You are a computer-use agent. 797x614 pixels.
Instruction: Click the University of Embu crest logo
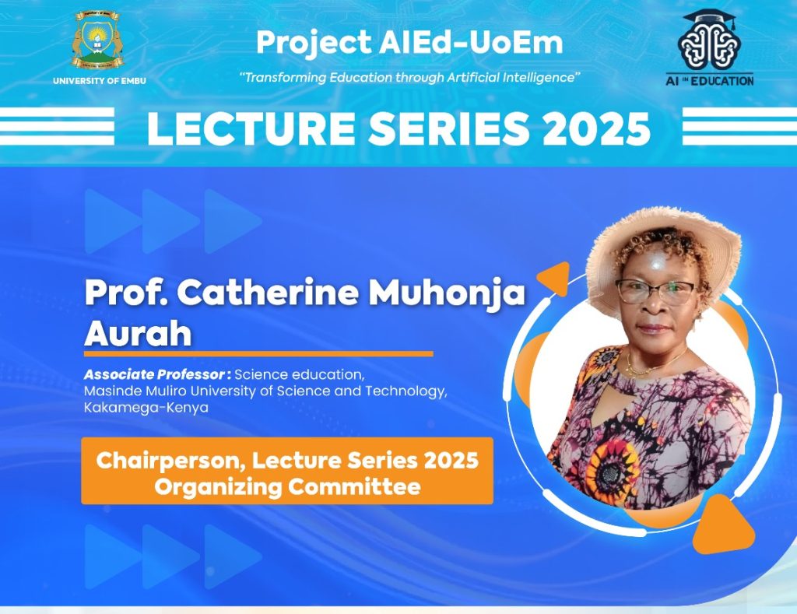coord(98,40)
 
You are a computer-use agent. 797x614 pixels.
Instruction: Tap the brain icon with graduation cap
coord(709,40)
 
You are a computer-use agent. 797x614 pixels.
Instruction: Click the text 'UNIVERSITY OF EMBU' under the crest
coord(99,81)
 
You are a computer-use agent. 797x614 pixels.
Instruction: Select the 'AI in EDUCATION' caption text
coord(710,80)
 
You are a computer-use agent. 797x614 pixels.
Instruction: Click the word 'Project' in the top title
coord(314,42)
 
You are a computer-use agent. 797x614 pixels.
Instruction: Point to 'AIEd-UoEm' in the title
coord(471,42)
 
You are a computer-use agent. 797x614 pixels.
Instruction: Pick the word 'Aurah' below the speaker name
coord(138,333)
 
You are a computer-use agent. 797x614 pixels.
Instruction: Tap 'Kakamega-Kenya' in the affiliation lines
coord(146,408)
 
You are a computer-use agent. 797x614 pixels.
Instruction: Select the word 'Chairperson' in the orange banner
coord(171,461)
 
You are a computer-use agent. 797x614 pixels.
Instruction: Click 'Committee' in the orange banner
coord(354,486)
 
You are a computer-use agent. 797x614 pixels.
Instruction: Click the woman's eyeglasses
coord(655,293)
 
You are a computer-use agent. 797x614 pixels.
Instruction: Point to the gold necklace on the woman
coord(653,362)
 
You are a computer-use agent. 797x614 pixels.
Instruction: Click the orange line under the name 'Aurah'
coord(258,354)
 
